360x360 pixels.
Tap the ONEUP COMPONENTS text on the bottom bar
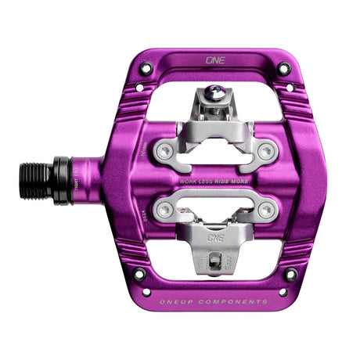coord(214,301)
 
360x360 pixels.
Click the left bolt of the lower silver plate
coord(162,209)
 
